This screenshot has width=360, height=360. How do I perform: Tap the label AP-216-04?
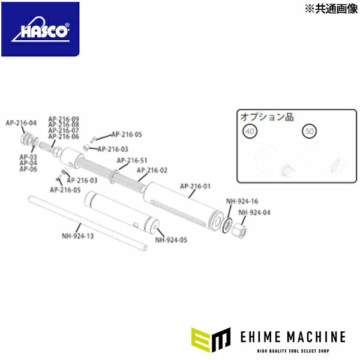[21, 122]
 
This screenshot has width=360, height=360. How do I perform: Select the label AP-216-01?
[195, 186]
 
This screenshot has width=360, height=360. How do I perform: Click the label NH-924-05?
[171, 240]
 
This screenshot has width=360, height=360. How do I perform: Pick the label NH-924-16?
[242, 201]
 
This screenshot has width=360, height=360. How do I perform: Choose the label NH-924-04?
[254, 212]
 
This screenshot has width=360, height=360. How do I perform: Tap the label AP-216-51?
[132, 160]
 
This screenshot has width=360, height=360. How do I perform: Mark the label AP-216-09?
[63, 119]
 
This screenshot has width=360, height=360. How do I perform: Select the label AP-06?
[28, 169]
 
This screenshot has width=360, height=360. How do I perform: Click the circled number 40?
[248, 131]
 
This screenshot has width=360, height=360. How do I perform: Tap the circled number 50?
[310, 131]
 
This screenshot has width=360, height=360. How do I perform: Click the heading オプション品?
[267, 116]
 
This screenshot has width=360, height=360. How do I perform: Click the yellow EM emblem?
[210, 340]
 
